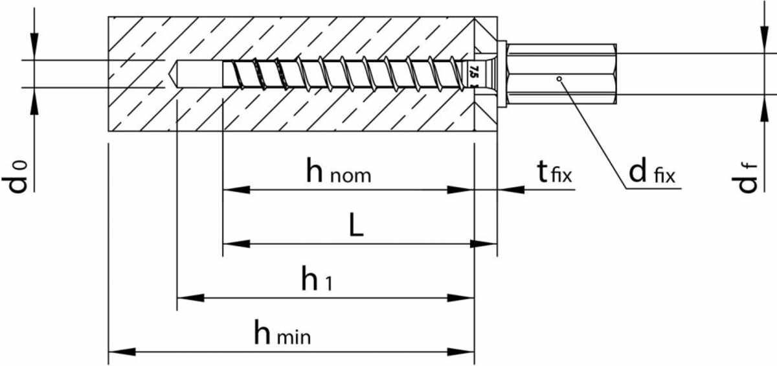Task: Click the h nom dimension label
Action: point(339,172)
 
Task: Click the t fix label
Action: point(555,172)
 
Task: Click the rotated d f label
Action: point(748,177)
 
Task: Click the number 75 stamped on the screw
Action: point(473,72)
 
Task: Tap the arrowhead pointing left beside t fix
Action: point(511,190)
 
